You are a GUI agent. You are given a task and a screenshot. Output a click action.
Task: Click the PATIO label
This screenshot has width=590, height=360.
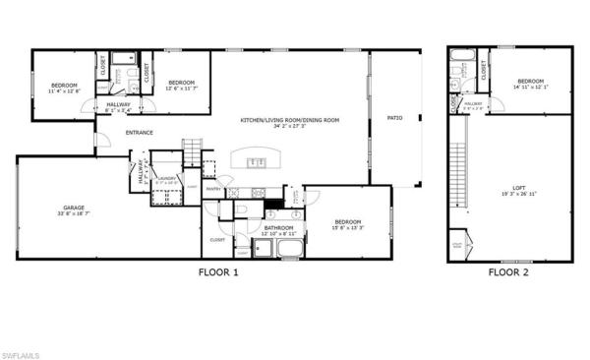(394, 118)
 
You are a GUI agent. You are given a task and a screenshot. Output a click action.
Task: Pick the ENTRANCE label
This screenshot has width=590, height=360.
(138, 132)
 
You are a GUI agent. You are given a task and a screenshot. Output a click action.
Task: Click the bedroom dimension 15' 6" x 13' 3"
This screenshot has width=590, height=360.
(349, 228)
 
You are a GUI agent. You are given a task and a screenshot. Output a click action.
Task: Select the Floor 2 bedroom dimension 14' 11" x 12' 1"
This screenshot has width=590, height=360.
(530, 87)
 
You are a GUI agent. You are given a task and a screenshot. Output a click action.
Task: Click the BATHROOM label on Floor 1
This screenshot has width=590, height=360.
(278, 228)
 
